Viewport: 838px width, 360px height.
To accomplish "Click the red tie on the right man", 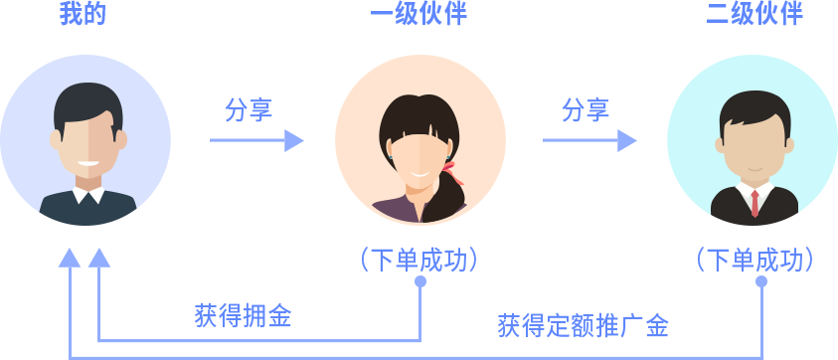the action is tap(755, 202).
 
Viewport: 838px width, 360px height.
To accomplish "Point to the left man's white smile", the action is tap(87, 163).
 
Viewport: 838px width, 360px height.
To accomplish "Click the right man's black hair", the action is tap(754, 107).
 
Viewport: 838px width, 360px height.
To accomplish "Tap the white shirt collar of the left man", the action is tap(88, 195).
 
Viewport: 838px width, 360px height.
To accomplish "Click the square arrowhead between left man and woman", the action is tap(294, 140).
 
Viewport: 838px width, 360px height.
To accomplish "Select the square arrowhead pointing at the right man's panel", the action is tap(627, 140).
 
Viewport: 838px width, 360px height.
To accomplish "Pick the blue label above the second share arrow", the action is tap(586, 108).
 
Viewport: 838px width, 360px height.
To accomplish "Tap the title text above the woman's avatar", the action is tap(419, 14).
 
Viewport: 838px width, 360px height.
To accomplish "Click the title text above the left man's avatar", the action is tap(83, 14).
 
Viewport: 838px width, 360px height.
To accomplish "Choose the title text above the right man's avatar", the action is tap(754, 14).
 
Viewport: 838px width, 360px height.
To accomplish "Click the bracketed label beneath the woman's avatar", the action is tap(419, 260).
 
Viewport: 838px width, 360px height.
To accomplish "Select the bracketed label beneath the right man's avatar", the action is tap(755, 260).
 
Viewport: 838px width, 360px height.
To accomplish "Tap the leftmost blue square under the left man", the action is tap(69, 258).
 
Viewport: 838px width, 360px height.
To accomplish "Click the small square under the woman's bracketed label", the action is tap(420, 280).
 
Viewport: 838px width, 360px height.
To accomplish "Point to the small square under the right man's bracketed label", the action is tap(761, 280).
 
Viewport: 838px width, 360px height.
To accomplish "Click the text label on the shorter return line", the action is tap(244, 316).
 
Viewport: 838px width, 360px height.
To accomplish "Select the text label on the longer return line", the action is tap(583, 325).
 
